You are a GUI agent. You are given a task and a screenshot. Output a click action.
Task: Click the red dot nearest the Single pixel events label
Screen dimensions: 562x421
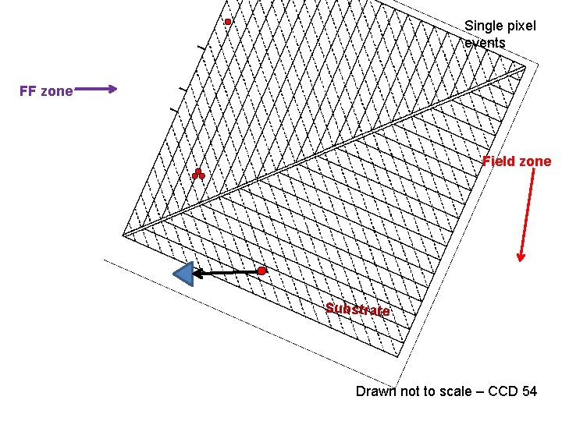(228, 22)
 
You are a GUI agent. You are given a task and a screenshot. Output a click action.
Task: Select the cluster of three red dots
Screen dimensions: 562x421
(198, 175)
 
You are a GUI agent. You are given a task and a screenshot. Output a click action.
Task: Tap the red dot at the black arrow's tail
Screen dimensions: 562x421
(262, 271)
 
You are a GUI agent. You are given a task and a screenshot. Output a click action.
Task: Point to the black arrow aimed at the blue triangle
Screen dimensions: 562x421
(227, 272)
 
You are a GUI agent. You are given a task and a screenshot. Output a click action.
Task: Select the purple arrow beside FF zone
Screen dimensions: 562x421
(96, 89)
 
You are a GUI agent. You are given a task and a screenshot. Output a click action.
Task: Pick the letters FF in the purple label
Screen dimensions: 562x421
(28, 91)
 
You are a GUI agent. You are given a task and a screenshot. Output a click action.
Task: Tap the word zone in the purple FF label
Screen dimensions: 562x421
(57, 91)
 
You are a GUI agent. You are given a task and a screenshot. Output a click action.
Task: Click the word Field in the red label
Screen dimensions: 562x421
(498, 161)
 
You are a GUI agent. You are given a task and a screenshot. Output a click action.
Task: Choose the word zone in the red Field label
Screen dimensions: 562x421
(535, 161)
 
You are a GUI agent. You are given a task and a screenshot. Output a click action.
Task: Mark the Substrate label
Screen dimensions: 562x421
(357, 309)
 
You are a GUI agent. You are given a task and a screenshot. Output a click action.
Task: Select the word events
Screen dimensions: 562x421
(485, 43)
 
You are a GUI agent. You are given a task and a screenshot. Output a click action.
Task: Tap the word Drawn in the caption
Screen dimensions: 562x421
(376, 391)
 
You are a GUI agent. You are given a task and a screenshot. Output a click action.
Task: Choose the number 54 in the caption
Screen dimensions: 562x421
(528, 391)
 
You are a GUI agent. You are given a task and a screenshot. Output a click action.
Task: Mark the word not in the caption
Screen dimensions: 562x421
(411, 391)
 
